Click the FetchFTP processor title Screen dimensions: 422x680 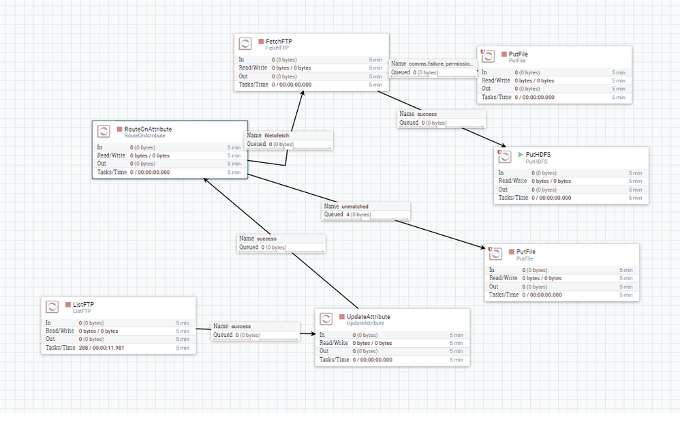point(279,41)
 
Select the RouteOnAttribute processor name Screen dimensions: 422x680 point(148,128)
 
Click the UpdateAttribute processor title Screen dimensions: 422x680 point(368,316)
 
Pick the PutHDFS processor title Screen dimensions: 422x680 point(538,155)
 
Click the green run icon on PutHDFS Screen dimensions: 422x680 point(521,155)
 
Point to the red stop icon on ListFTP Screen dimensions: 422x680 point(67,304)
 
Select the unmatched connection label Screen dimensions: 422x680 point(354,206)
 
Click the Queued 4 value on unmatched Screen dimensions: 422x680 point(348,215)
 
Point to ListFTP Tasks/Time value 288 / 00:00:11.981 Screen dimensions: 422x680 point(102,348)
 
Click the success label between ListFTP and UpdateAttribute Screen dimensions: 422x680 point(241,326)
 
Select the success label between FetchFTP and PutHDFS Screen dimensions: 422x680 point(427,114)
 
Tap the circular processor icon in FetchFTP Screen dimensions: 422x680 point(245,44)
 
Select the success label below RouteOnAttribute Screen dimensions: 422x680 point(266,238)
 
